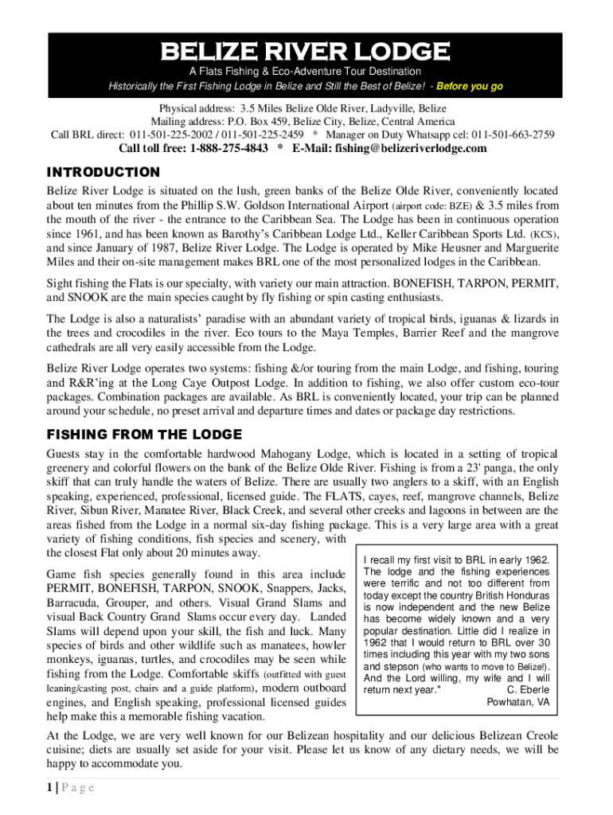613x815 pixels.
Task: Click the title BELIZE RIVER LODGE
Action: [306, 53]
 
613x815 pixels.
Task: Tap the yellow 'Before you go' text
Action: [470, 87]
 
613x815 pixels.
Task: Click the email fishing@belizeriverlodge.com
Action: [389, 149]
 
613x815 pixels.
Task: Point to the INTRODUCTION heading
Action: [103, 172]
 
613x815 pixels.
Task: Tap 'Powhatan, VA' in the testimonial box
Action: [517, 702]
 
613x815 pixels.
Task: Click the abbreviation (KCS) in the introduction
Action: [545, 234]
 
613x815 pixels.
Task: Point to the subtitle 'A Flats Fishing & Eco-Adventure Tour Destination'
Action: [306, 72]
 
